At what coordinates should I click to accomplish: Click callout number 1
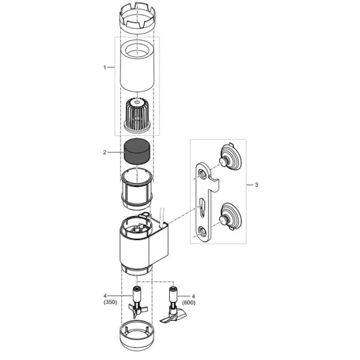coord(104,67)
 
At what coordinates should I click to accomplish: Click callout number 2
coord(104,152)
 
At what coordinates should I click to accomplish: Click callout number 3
coord(256,185)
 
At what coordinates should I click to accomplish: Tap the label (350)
coord(110,302)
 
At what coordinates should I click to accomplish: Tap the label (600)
coord(189,302)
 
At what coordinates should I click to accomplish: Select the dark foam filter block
coord(137,151)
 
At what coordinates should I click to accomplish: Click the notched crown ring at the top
coord(137,18)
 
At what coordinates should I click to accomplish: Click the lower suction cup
coord(230,217)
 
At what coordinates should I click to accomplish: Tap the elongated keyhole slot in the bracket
coord(202,208)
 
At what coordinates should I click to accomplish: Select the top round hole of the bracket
coord(202,173)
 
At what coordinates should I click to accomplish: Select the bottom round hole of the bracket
coord(202,230)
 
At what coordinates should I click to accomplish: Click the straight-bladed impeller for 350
coord(137,302)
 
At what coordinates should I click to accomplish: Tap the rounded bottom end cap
coord(137,335)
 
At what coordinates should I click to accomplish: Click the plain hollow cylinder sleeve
coord(137,66)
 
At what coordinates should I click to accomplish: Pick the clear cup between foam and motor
coord(137,189)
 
